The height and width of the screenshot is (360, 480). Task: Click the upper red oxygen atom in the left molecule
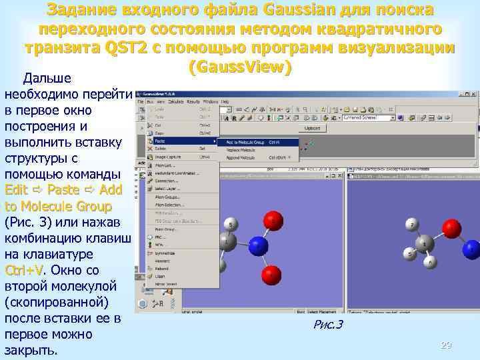(272, 219)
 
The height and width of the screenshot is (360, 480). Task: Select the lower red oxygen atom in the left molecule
(271, 274)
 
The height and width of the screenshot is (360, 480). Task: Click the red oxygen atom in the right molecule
(451, 229)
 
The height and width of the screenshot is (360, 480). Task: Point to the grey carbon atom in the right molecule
(425, 244)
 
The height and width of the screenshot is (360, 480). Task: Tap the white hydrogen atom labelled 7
(413, 227)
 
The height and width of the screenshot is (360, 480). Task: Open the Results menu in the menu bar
(193, 102)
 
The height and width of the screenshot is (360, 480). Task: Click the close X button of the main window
(474, 94)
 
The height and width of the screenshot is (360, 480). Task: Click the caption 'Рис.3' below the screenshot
(327, 325)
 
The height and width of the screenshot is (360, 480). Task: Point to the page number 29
(446, 345)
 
